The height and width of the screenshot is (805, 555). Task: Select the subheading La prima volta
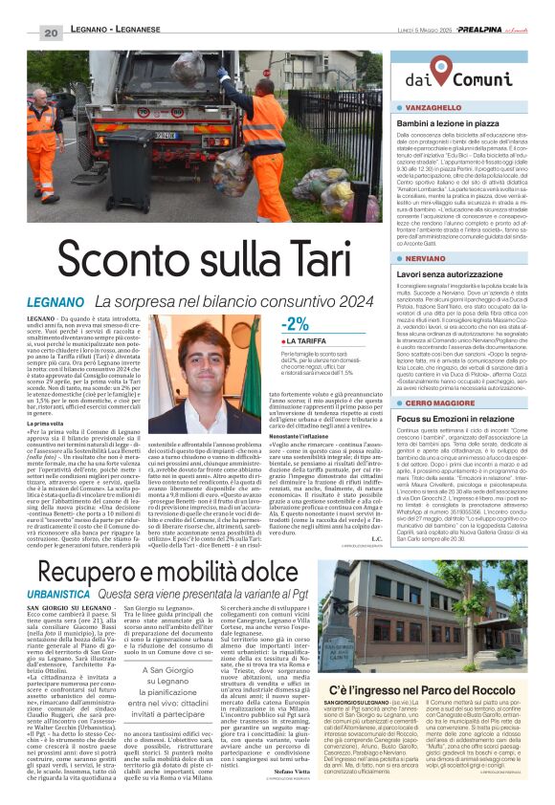45,423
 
